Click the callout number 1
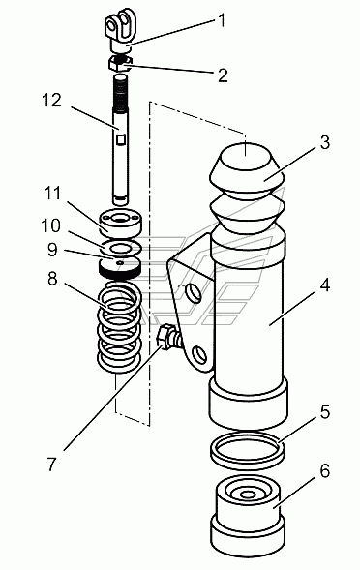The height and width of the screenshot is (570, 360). coord(221,20)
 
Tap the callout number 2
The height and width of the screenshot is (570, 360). coord(223,75)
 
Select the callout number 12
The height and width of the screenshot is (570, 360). coord(51,100)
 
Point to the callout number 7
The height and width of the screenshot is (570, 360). coord(52,465)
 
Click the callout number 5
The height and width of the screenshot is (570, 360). coord(325,412)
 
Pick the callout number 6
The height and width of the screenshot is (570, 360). coord(325,470)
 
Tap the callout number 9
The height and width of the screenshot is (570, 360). coord(52,250)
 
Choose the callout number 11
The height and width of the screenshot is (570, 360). coord(52,193)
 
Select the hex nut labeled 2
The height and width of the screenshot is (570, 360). coord(121,63)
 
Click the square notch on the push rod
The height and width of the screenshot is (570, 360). coord(121,139)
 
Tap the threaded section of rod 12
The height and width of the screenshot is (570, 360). coord(120,94)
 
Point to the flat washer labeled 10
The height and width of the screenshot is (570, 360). coord(121,247)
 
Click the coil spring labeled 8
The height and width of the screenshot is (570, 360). coord(119,326)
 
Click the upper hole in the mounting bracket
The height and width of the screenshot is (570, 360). coord(193,293)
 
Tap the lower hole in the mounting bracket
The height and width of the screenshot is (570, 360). coord(198,355)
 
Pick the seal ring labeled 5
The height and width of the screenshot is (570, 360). coord(248,451)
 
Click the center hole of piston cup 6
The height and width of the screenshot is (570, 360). coord(248,495)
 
